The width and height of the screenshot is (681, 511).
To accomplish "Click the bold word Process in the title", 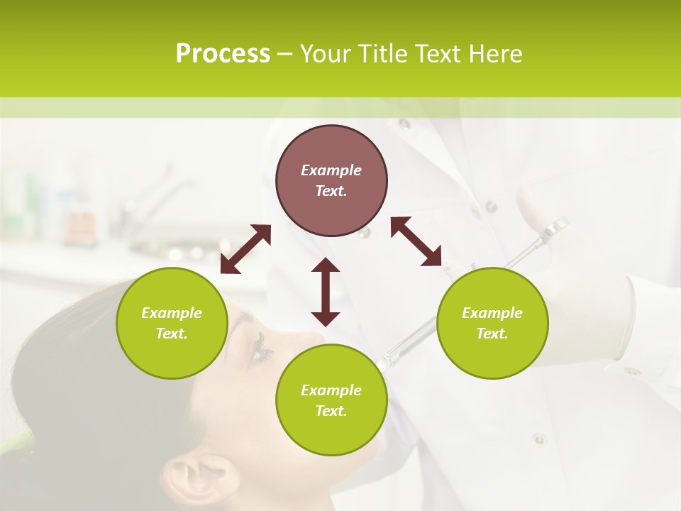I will click(x=223, y=53).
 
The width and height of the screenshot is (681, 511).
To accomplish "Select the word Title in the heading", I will click(x=383, y=53).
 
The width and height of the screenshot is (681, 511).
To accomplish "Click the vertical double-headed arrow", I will click(x=326, y=292).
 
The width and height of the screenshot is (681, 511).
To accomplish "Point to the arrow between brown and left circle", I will click(x=245, y=249).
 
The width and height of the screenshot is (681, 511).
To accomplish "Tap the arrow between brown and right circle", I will click(x=416, y=241).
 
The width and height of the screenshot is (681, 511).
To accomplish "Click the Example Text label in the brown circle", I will click(x=331, y=180).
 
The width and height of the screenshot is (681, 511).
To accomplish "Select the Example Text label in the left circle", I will click(x=172, y=323).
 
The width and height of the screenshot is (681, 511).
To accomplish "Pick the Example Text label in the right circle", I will click(x=492, y=323).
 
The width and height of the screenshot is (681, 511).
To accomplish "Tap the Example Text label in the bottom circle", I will click(x=331, y=400).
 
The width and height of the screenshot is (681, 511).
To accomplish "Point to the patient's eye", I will click(x=260, y=347).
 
